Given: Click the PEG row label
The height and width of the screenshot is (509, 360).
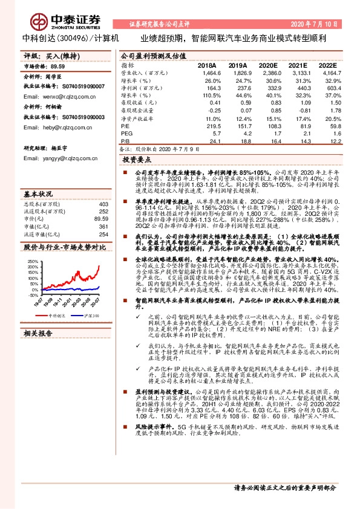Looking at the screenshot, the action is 126,134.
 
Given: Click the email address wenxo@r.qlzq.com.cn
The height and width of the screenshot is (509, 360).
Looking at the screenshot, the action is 53,96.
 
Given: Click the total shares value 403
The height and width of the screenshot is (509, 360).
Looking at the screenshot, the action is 103,204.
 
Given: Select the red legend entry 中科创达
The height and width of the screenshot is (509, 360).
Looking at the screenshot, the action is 56,315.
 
